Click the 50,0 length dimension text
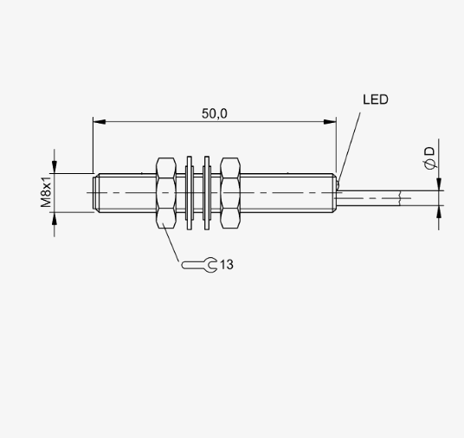pyautogui.click(x=215, y=113)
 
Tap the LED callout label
pyautogui.click(x=376, y=100)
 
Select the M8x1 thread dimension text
pyautogui.click(x=46, y=192)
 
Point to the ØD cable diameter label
pyautogui.click(x=430, y=158)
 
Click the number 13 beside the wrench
pyautogui.click(x=227, y=265)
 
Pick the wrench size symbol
pyautogui.click(x=199, y=265)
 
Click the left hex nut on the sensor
pyautogui.click(x=166, y=193)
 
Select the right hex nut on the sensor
pyautogui.click(x=230, y=193)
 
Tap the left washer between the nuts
pyautogui.click(x=190, y=193)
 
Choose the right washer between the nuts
pyautogui.click(x=207, y=193)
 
